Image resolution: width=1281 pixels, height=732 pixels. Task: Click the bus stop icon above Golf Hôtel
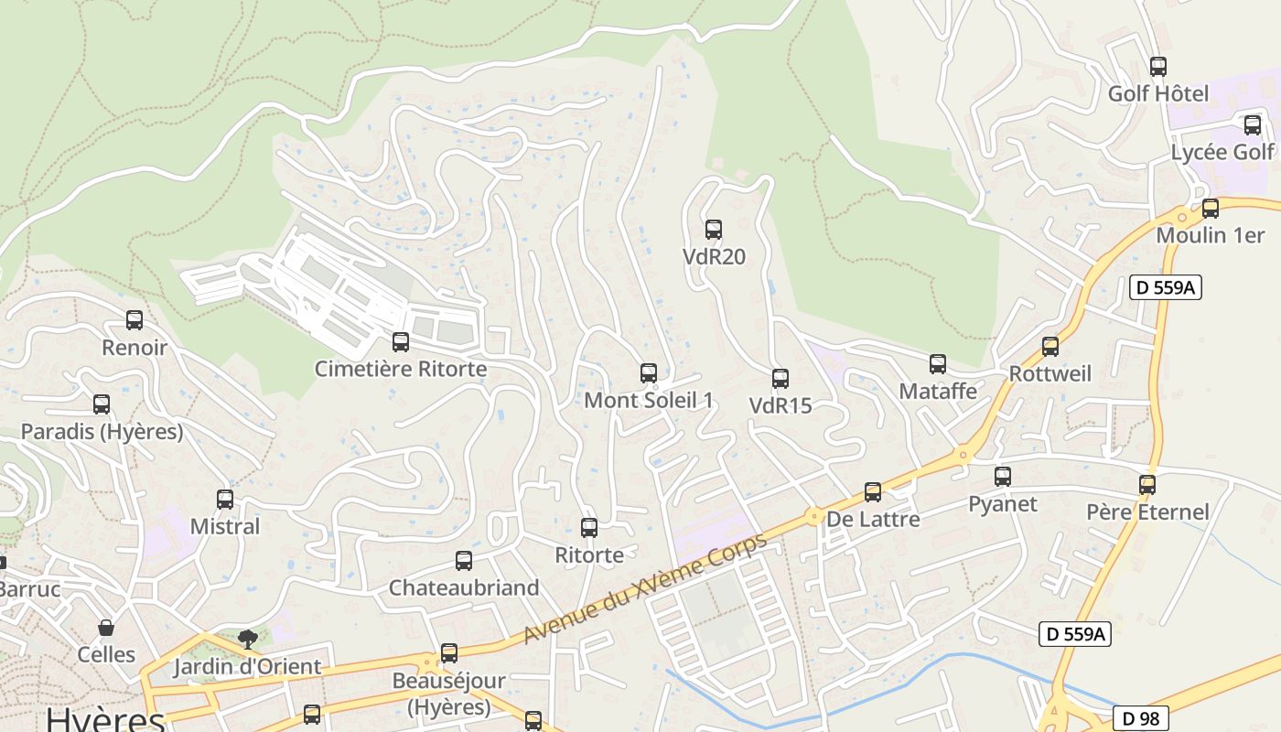1158,67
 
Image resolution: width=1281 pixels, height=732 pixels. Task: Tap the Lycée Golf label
1222,152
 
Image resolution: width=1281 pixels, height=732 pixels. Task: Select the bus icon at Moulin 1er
1211,209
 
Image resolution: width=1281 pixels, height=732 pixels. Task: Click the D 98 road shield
1141,718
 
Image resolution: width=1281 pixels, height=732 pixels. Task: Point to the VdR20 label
714,257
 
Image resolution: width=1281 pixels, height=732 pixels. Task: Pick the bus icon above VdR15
780,379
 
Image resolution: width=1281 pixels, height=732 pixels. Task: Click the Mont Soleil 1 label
648,400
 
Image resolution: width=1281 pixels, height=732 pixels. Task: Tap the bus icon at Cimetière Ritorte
401,342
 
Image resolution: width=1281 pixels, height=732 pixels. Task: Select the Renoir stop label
135,348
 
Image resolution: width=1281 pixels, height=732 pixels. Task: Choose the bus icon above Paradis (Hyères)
102,404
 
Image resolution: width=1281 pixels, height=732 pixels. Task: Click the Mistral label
225,527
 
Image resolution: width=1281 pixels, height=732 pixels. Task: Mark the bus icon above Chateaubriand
464,561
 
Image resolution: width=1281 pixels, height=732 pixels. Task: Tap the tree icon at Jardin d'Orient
247,639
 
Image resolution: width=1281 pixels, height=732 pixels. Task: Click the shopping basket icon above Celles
106,628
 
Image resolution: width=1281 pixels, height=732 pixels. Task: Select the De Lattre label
873,520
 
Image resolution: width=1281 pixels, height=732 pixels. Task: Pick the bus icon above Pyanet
1003,477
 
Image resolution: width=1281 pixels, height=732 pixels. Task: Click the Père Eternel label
1147,511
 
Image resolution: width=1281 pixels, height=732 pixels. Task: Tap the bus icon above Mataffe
938,364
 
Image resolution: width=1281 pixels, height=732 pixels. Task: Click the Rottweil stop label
1050,373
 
